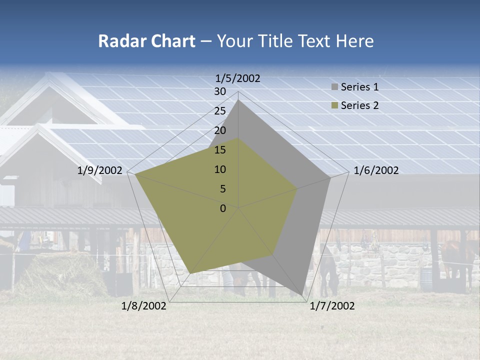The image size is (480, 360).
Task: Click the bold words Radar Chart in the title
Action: (x=146, y=41)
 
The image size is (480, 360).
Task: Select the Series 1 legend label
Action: (x=359, y=87)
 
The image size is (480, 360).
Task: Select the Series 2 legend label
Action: (x=359, y=105)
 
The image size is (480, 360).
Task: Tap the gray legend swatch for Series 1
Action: (x=334, y=87)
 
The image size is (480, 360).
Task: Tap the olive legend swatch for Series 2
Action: (x=334, y=105)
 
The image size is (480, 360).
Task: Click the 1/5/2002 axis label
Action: (x=238, y=78)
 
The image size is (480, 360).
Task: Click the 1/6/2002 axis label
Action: (x=376, y=171)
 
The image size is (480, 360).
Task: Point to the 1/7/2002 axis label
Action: (x=332, y=306)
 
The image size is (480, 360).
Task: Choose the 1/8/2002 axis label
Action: (x=144, y=306)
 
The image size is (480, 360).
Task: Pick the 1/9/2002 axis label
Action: (x=100, y=171)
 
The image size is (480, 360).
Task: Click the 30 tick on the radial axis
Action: (x=220, y=91)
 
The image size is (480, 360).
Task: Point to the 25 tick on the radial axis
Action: (x=220, y=111)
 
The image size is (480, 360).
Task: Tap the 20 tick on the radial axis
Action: (x=220, y=130)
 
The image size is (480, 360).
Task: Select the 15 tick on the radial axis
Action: (x=220, y=150)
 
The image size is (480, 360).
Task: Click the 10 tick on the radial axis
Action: (x=220, y=169)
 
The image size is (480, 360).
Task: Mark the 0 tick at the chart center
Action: (x=223, y=208)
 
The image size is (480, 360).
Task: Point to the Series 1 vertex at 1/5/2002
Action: (x=238, y=99)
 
